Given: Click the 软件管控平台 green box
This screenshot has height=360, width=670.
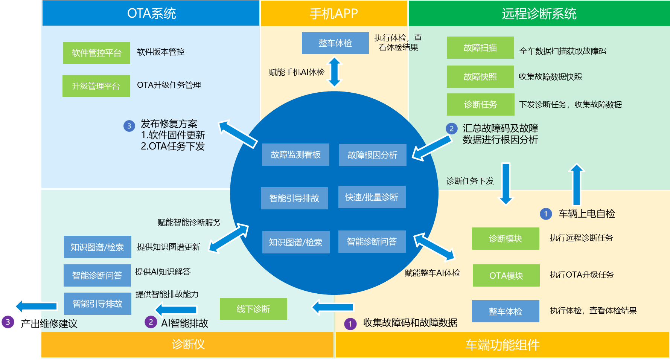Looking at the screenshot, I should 96,53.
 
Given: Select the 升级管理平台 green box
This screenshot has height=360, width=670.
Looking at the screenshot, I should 96,86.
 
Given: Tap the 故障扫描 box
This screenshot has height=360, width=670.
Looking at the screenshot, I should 480,47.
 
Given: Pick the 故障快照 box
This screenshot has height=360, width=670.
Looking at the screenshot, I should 480,76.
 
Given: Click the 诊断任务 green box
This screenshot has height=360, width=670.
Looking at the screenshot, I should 480,104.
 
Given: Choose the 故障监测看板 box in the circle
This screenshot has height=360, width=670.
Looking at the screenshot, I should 295,154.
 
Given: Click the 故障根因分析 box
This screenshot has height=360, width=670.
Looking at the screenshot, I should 372,155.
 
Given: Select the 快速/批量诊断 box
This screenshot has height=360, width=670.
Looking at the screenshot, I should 372,197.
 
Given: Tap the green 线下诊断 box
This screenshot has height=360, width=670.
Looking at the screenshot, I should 253,309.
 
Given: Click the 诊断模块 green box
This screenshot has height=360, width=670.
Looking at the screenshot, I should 505,238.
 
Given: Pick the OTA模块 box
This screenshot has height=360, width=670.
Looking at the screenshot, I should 506,275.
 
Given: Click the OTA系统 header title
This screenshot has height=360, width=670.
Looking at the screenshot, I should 151,14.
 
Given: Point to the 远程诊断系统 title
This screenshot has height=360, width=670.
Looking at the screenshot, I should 539,14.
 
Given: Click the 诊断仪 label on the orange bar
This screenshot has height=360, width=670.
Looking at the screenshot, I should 188,344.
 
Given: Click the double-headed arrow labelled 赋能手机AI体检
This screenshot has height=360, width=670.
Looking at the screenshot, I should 334,72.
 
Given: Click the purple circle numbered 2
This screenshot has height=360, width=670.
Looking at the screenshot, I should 151,322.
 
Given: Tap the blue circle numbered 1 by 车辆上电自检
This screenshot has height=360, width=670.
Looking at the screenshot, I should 546,214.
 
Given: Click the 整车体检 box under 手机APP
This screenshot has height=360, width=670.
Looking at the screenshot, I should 335,43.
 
